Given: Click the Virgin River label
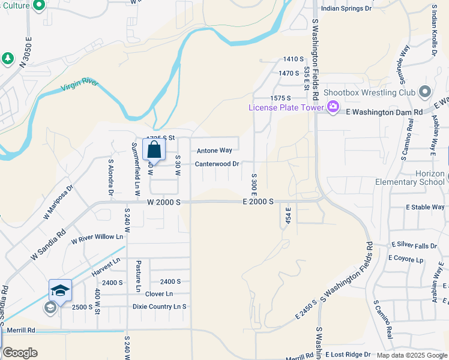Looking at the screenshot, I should tap(80, 85).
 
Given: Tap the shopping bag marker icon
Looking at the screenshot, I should tap(154, 150).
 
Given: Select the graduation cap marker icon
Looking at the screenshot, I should tap(60, 291).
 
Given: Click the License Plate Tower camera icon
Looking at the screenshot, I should tap(333, 107).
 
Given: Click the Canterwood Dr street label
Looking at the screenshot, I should tap(217, 163).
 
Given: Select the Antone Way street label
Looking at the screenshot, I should tap(214, 151).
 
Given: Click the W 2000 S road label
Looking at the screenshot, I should tap(164, 203).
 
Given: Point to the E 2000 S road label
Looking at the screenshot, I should tap(259, 203).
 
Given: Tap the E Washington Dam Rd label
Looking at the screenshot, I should tap(385, 112).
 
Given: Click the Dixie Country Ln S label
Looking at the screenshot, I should tap(159, 306).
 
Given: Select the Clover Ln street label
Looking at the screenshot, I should tap(158, 294).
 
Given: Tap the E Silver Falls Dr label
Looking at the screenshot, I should tap(415, 245).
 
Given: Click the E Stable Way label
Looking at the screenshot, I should tap(425, 207).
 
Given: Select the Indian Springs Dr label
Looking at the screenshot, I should tap(346, 8).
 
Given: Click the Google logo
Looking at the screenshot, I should tap(20, 353).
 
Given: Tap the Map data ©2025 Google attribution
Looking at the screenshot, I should tap(411, 355).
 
